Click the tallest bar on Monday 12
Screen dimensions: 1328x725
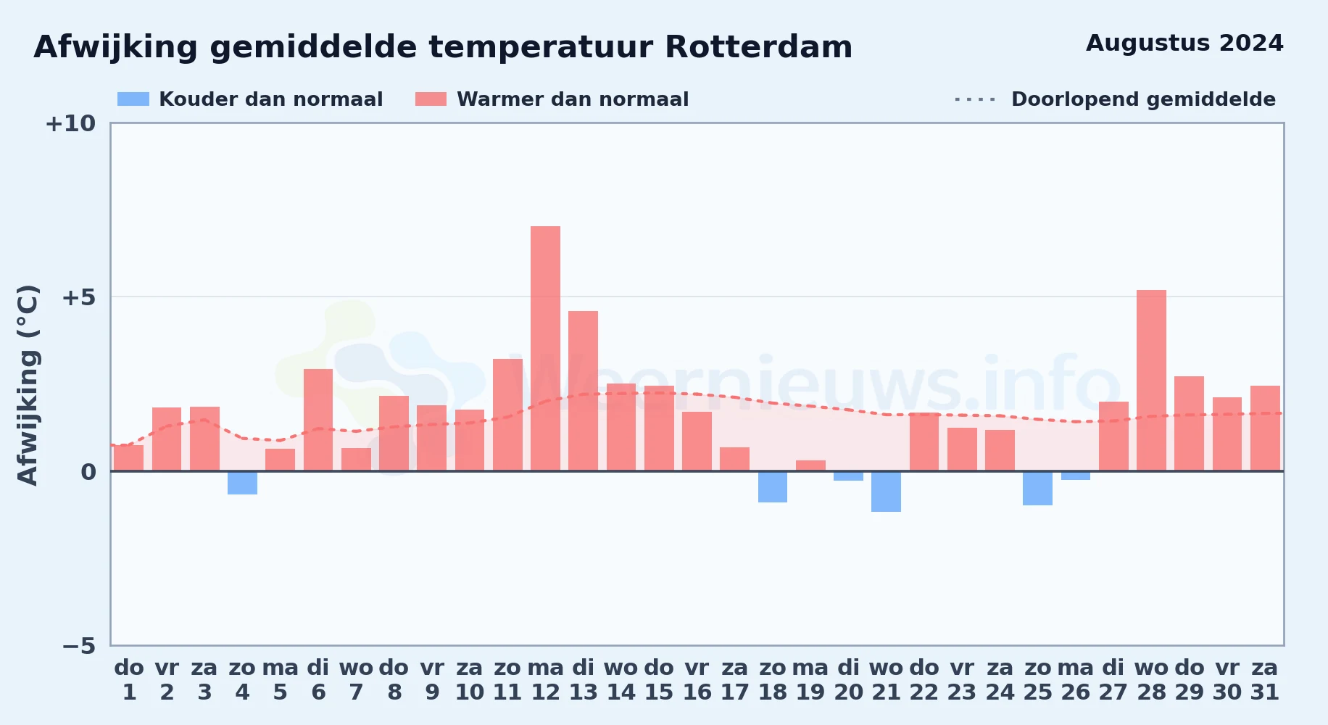coord(545,348)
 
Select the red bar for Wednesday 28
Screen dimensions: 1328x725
coord(1151,381)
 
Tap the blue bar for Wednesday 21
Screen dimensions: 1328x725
coord(886,492)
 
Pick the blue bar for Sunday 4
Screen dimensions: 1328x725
coord(242,483)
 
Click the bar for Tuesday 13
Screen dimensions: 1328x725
coord(583,391)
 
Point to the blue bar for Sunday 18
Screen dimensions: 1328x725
coord(773,486)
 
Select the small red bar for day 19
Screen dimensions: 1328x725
coord(810,465)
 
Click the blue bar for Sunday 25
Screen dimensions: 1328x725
coord(1037,488)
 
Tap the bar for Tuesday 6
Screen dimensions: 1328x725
coord(318,420)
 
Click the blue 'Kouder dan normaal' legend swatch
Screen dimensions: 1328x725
coord(133,99)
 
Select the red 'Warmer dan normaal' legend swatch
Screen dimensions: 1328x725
coord(431,99)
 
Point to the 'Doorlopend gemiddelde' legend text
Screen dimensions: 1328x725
coord(1143,99)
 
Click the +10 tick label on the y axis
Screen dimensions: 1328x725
coord(70,123)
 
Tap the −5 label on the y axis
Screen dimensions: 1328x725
coord(78,645)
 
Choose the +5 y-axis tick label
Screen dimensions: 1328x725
coord(78,297)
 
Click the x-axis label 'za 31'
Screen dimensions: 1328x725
coord(1265,680)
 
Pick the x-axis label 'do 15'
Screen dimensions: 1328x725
coord(659,680)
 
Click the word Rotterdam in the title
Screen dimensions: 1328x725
coord(758,47)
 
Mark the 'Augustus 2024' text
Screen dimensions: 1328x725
coord(1184,43)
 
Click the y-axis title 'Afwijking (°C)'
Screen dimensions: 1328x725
coord(28,384)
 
